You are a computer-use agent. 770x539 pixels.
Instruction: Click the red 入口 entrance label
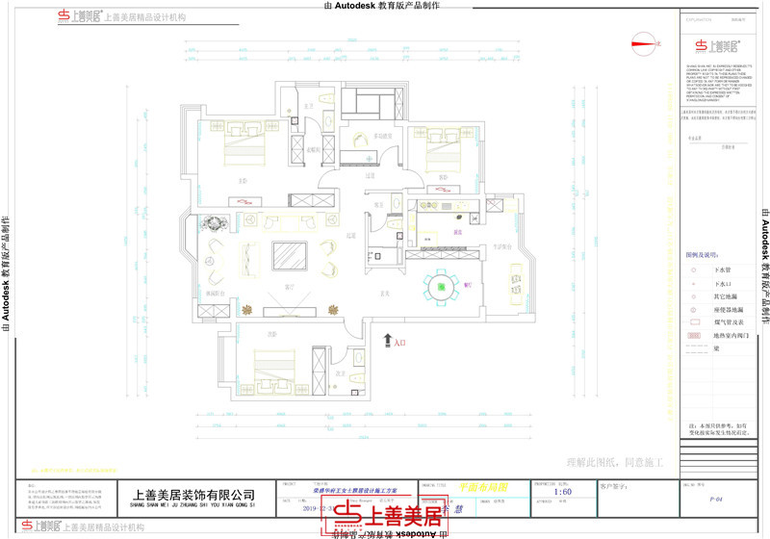(400, 341)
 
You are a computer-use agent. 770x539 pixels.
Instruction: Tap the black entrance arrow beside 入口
(387, 340)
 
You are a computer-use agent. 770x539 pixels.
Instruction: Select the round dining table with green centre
(442, 286)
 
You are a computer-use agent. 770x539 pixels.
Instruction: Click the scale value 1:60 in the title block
(564, 493)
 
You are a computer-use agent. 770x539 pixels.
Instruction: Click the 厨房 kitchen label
(459, 232)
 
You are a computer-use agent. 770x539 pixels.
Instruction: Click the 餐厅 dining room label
(468, 285)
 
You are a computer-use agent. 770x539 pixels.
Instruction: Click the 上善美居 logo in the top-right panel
(717, 45)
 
